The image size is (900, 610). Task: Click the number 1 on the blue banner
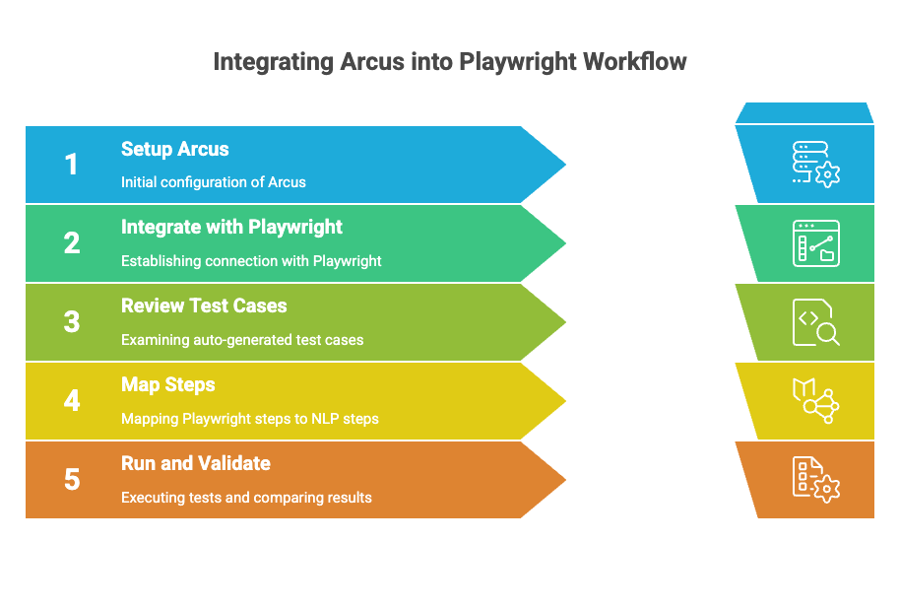[x=71, y=165]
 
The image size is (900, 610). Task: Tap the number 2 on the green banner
[x=72, y=243]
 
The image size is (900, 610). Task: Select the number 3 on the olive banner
[x=72, y=321]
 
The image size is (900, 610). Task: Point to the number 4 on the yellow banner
[x=72, y=400]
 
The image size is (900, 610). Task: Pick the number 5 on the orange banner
[x=72, y=479]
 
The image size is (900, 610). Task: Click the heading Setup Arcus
[x=175, y=150]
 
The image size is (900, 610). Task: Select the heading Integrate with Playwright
[x=231, y=228]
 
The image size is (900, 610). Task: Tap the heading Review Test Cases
[x=204, y=305]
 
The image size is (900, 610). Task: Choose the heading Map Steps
[x=168, y=385]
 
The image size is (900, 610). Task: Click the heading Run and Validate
[x=196, y=463]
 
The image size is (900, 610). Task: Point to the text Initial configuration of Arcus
[x=214, y=182]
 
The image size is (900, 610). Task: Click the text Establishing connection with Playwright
[x=251, y=261]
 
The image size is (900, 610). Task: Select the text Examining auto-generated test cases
[x=242, y=340]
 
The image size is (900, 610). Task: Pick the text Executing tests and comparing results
[x=246, y=498]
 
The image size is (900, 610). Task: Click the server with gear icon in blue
[x=815, y=165]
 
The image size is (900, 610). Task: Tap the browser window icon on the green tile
[x=815, y=243]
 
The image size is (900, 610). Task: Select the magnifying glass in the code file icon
[x=828, y=334]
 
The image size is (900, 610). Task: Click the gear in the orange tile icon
[x=827, y=490]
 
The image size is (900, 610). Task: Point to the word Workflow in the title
[x=635, y=61]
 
